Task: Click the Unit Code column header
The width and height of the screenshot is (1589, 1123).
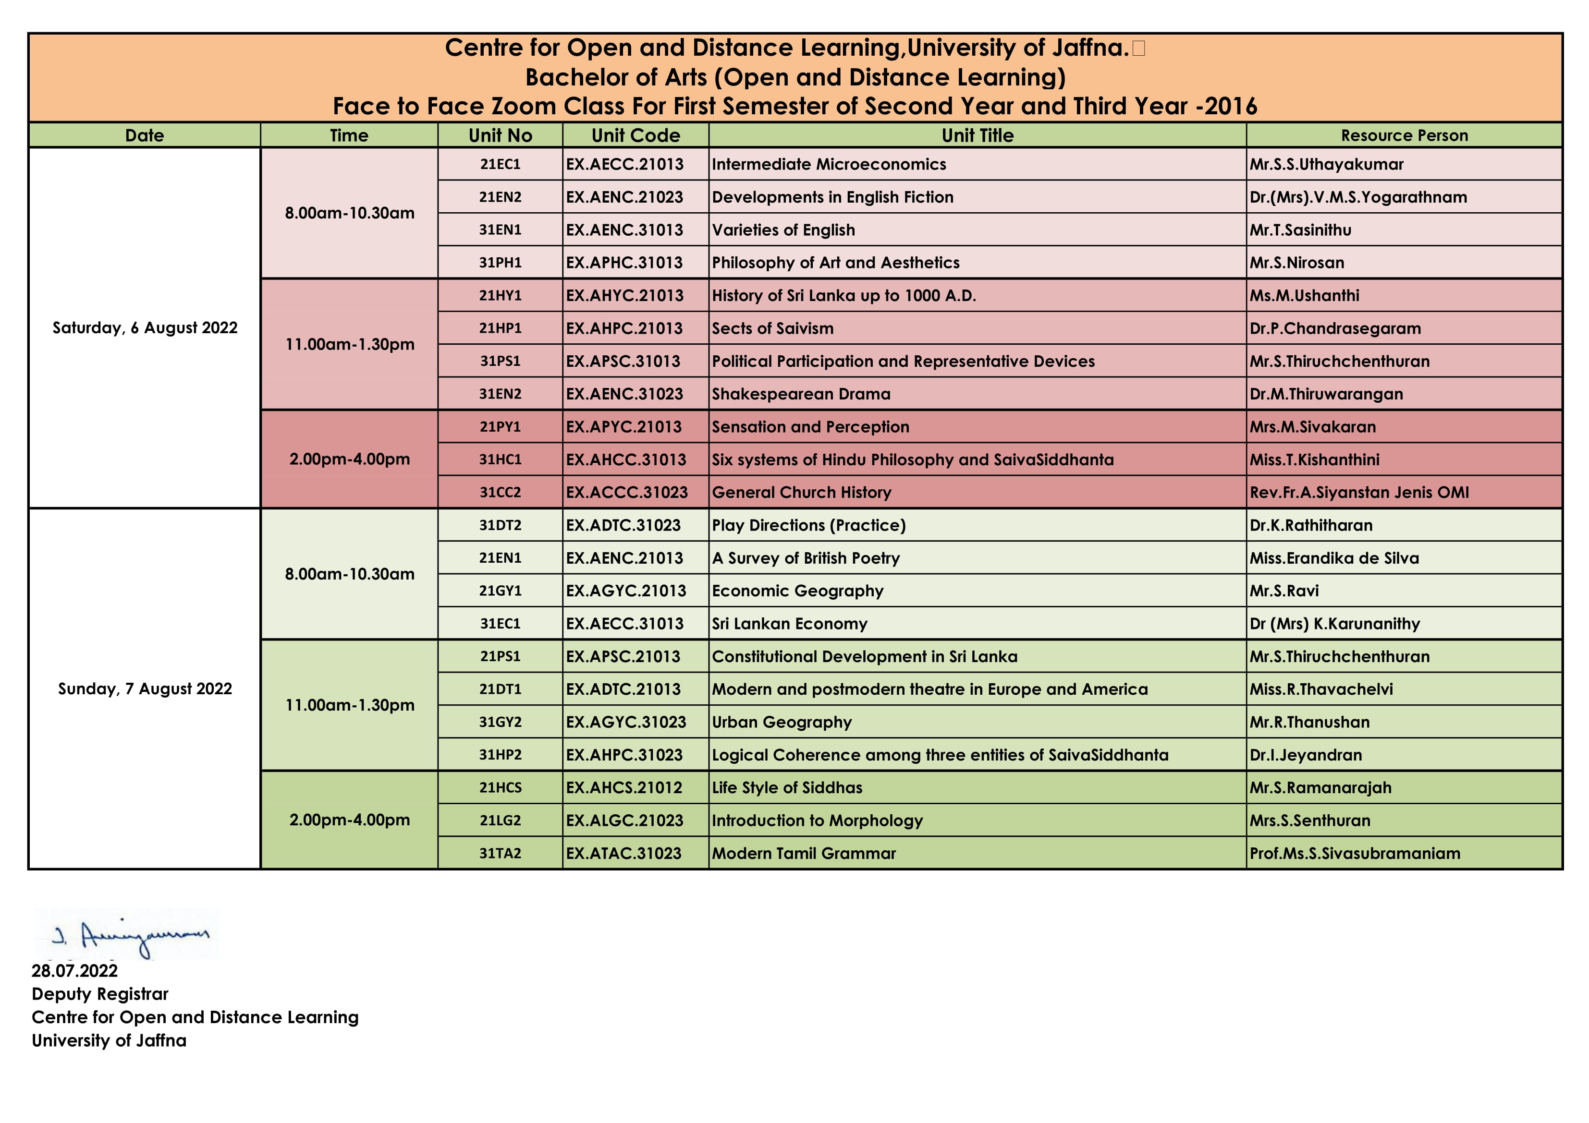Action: tap(636, 135)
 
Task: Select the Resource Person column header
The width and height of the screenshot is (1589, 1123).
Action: tap(1404, 135)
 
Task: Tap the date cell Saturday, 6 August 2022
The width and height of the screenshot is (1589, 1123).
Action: tap(145, 328)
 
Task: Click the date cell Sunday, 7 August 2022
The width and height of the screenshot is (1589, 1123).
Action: tap(145, 689)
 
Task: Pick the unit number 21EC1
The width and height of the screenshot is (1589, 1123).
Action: tap(500, 165)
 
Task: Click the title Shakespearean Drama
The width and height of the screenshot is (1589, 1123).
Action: tap(801, 394)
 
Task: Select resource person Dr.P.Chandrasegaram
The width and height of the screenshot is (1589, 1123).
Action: tap(1334, 329)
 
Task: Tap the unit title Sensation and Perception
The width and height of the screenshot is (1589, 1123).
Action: tap(810, 427)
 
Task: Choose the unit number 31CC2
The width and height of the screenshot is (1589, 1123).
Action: tap(500, 493)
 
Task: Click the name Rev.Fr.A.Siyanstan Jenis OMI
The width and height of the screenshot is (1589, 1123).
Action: tap(1358, 493)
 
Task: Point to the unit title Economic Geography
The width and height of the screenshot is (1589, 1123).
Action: tap(797, 591)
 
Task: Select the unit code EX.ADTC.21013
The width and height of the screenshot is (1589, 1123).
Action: tap(623, 689)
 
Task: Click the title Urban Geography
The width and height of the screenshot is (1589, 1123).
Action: tap(782, 723)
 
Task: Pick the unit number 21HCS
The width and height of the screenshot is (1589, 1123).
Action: tap(500, 788)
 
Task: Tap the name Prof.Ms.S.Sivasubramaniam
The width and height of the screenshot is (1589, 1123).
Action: tap(1355, 854)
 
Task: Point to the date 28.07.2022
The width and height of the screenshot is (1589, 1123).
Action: tap(75, 971)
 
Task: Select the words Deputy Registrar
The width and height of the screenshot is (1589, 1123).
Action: tap(99, 994)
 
